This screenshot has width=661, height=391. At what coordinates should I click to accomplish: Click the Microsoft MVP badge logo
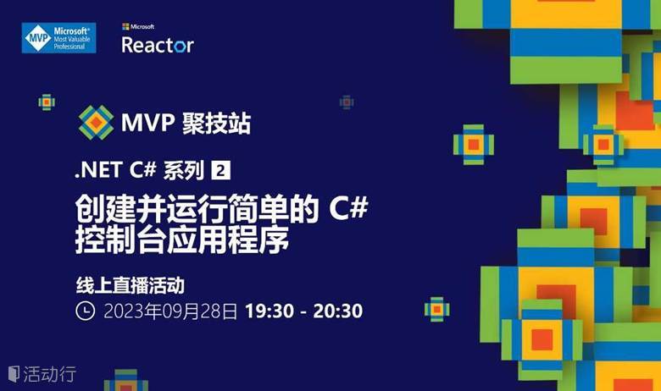click(59, 38)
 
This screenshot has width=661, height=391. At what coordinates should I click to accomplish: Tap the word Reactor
click(158, 45)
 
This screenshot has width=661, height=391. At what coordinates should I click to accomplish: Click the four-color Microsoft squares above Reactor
click(125, 26)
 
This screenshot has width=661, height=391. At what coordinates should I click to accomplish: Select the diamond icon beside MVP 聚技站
click(96, 123)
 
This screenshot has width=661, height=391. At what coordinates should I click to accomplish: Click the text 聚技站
click(217, 123)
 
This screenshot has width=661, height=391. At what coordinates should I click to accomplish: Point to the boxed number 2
click(220, 170)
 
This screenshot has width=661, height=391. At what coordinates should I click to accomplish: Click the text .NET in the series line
click(98, 170)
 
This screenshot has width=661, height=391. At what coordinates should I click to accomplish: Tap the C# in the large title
click(348, 207)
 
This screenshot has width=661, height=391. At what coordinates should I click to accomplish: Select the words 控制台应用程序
click(182, 240)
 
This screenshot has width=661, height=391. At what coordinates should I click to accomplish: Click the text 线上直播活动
click(131, 285)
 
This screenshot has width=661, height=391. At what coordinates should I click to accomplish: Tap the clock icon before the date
click(85, 311)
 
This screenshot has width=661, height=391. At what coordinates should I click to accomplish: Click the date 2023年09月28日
click(170, 311)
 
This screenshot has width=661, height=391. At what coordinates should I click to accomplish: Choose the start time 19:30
click(269, 311)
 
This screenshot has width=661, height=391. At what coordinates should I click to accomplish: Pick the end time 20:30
click(337, 311)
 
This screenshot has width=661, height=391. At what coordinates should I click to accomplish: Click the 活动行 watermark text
click(50, 374)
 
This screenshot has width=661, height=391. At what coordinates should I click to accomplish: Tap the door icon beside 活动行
click(14, 374)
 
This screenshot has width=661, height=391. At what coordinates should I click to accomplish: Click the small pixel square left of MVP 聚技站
click(47, 102)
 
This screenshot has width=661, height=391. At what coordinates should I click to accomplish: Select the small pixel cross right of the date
click(436, 310)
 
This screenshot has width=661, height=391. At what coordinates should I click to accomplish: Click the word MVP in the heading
click(147, 123)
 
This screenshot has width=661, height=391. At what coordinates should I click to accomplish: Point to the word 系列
click(183, 170)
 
